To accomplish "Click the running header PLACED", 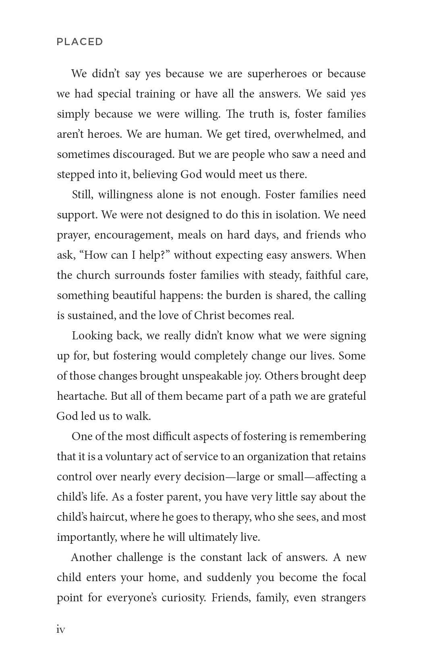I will (80, 42).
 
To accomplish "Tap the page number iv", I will (61, 630).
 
